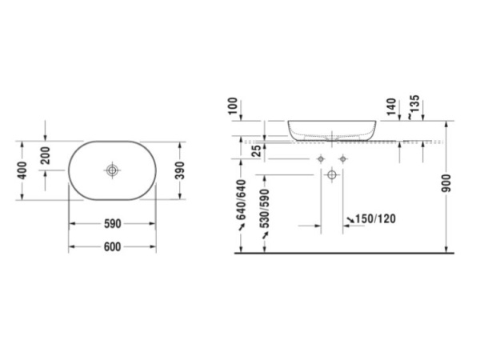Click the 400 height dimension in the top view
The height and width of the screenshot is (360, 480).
point(25,170)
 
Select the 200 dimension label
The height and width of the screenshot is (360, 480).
point(46,155)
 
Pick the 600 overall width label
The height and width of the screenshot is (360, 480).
point(111,246)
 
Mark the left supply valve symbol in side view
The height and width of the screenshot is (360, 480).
point(321,158)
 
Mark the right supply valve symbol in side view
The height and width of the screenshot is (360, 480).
point(342,158)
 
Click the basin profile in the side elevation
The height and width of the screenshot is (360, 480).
point(332,130)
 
